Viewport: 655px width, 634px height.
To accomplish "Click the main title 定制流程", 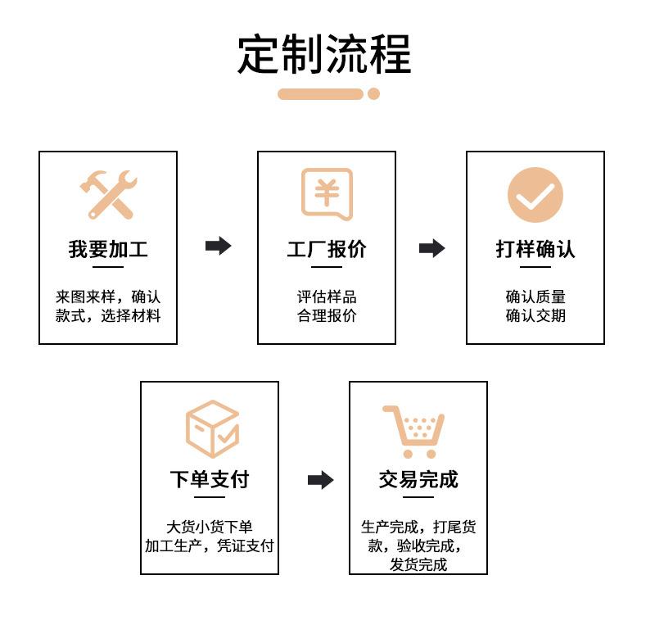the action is click(x=324, y=54).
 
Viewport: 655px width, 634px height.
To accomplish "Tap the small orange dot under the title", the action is click(x=373, y=94).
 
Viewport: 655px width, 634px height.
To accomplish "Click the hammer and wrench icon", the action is click(x=107, y=194).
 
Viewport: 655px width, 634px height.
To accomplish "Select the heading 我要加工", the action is click(x=108, y=249).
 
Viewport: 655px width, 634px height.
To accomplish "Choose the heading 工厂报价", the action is click(x=327, y=249).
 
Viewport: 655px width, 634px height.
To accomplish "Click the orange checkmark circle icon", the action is click(x=535, y=195).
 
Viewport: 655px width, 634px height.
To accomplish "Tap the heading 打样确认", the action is click(x=535, y=249).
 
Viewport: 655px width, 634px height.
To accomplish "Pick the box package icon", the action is click(x=211, y=428).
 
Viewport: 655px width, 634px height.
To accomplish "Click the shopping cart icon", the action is click(x=414, y=431).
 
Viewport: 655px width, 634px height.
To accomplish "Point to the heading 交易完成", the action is click(x=418, y=479).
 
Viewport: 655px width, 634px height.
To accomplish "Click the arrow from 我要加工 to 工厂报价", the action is click(x=218, y=246).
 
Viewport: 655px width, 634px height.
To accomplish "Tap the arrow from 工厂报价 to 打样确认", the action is click(x=431, y=248).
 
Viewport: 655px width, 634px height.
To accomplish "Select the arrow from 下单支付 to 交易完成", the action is click(x=320, y=480).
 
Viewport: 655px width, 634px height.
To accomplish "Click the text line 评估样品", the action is click(x=327, y=297).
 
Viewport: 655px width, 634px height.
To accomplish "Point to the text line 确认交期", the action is click(x=535, y=315).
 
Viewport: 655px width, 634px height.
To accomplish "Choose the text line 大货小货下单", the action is click(x=210, y=528).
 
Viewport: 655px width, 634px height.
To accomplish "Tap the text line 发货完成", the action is click(x=418, y=564).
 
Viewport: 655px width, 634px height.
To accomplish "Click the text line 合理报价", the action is click(x=327, y=315).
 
